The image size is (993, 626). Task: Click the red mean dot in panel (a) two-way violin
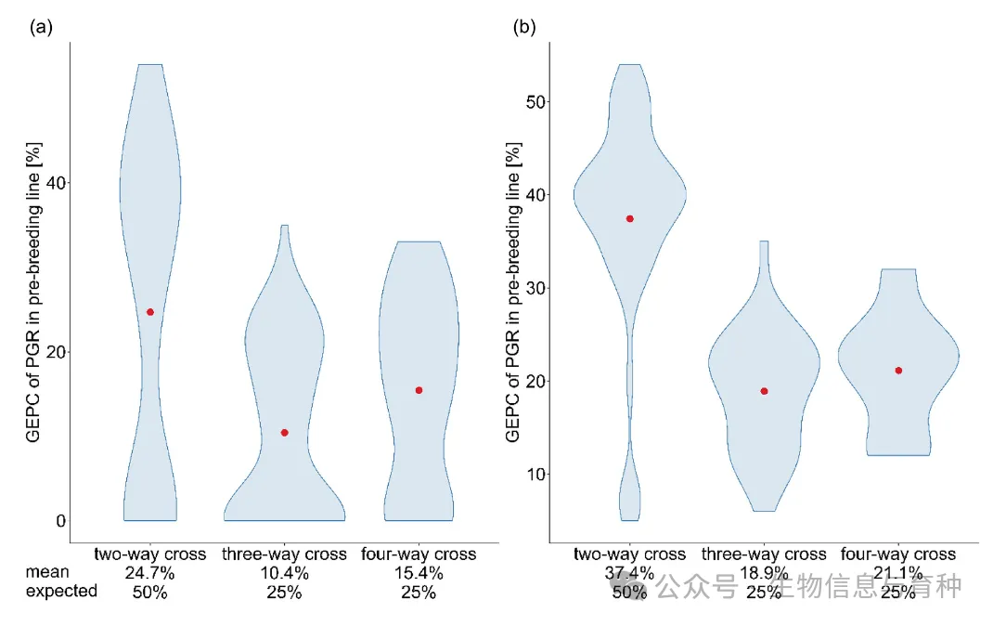150,312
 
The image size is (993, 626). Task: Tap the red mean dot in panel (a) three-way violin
284,433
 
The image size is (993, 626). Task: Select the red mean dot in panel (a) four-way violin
419,390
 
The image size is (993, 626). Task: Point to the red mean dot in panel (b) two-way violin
630,219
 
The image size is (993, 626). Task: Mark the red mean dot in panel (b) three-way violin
764,391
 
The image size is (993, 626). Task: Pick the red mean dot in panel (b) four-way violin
898,371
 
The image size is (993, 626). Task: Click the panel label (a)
41,27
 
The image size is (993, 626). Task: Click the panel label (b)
524,27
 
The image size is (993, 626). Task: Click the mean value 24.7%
149,573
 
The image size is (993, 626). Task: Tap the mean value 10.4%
284,573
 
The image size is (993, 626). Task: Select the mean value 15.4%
419,573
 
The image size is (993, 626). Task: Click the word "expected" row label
61,592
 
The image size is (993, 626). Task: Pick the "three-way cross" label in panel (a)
284,554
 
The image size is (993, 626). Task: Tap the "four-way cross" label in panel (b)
898,554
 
